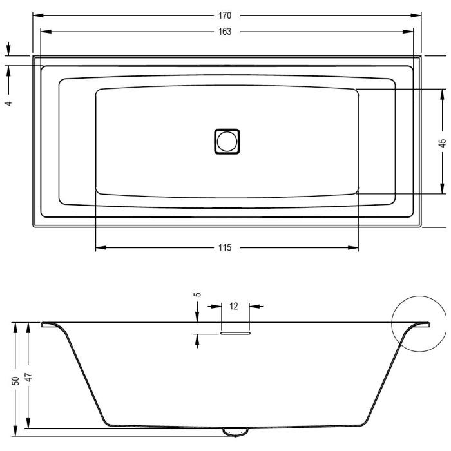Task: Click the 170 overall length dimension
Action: click(225, 15)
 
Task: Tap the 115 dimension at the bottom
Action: click(225, 247)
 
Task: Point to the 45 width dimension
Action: click(442, 143)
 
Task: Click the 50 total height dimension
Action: click(14, 381)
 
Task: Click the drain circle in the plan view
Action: click(226, 140)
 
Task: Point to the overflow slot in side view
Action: click(235, 334)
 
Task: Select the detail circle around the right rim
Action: click(418, 323)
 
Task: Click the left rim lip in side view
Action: click(49, 324)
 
